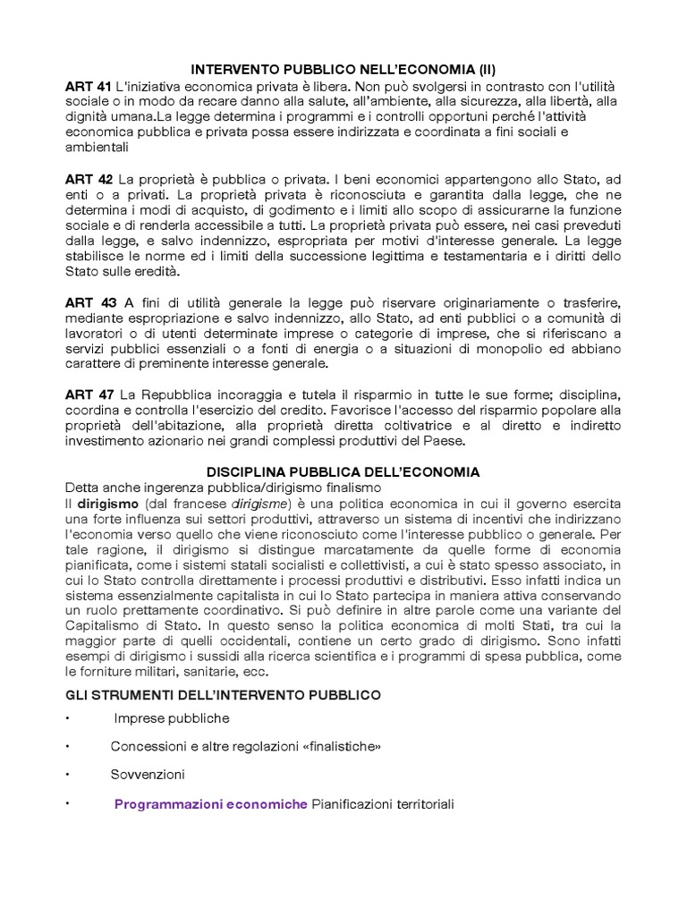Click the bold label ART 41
point(88,86)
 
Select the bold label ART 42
point(88,179)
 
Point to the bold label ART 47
point(88,395)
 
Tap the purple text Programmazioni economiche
point(210,805)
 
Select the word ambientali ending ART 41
point(97,148)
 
